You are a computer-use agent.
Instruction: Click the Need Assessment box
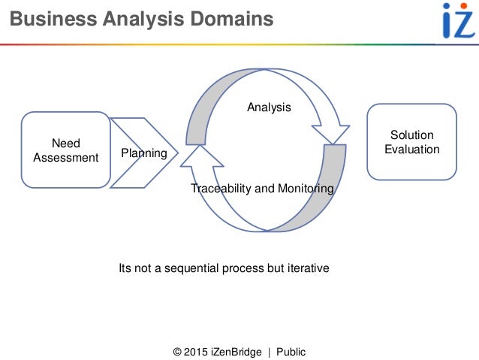(x=65, y=150)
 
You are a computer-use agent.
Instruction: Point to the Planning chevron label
(x=143, y=153)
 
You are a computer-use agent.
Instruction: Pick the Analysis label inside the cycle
(x=269, y=107)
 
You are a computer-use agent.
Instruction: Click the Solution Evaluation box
(x=411, y=142)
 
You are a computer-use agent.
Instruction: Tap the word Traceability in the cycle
(x=221, y=189)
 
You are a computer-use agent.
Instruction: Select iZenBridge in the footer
(x=237, y=352)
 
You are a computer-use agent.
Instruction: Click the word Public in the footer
(x=291, y=352)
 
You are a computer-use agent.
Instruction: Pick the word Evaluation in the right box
(x=411, y=149)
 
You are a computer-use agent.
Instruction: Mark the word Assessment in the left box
(x=65, y=158)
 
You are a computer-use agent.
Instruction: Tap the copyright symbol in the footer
(x=176, y=352)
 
